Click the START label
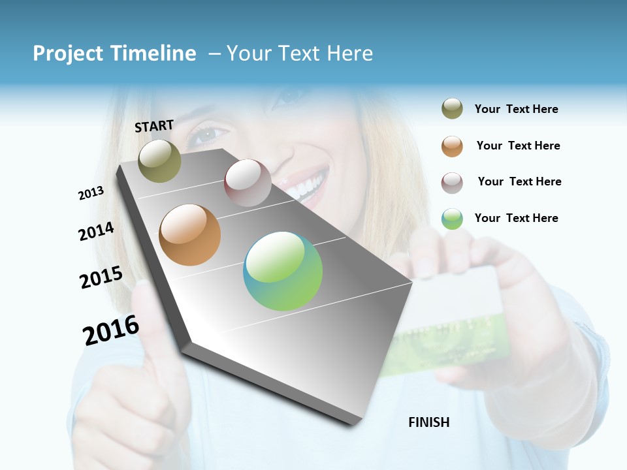pyautogui.click(x=154, y=125)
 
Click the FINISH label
pyautogui.click(x=429, y=422)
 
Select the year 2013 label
pyautogui.click(x=91, y=193)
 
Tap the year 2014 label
pyautogui.click(x=96, y=231)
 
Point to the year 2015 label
pyautogui.click(x=101, y=277)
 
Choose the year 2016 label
pyautogui.click(x=111, y=330)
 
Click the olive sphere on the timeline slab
pyautogui.click(x=159, y=161)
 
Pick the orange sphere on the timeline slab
pyautogui.click(x=189, y=235)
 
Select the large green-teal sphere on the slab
pyautogui.click(x=283, y=271)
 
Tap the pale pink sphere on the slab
pyautogui.click(x=248, y=183)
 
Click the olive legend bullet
pyautogui.click(x=452, y=109)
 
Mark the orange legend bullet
pyautogui.click(x=452, y=146)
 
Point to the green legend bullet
pyautogui.click(x=452, y=219)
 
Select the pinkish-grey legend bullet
pyautogui.click(x=452, y=183)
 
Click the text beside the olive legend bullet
pyautogui.click(x=516, y=109)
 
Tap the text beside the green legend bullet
pyautogui.click(x=516, y=218)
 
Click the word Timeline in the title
pyautogui.click(x=153, y=54)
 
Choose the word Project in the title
pyautogui.click(x=68, y=54)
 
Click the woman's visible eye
pyautogui.click(x=208, y=135)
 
